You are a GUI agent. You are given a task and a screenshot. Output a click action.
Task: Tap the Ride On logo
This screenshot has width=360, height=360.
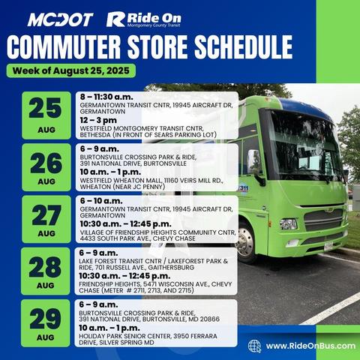(x=144, y=19)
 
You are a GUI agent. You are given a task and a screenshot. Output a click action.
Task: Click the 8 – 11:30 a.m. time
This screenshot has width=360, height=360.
(x=108, y=97)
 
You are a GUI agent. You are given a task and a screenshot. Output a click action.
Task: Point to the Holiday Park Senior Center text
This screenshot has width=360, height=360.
(x=150, y=337)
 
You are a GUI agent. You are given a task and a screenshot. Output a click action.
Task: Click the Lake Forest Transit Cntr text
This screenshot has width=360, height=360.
(x=150, y=264)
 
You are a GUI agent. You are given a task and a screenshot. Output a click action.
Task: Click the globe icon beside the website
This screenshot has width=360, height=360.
(x=254, y=346)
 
